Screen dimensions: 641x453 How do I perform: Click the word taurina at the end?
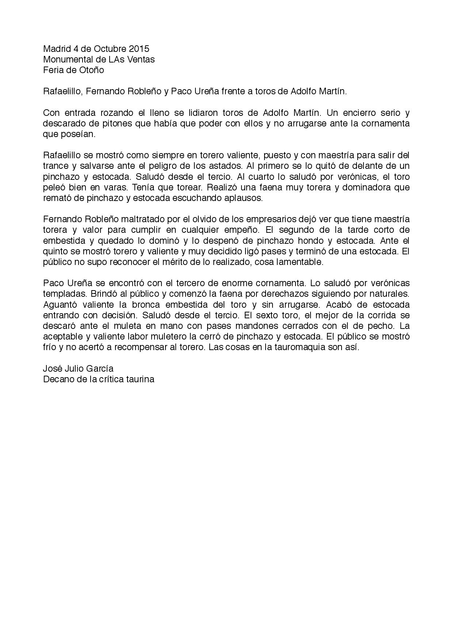(140, 379)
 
